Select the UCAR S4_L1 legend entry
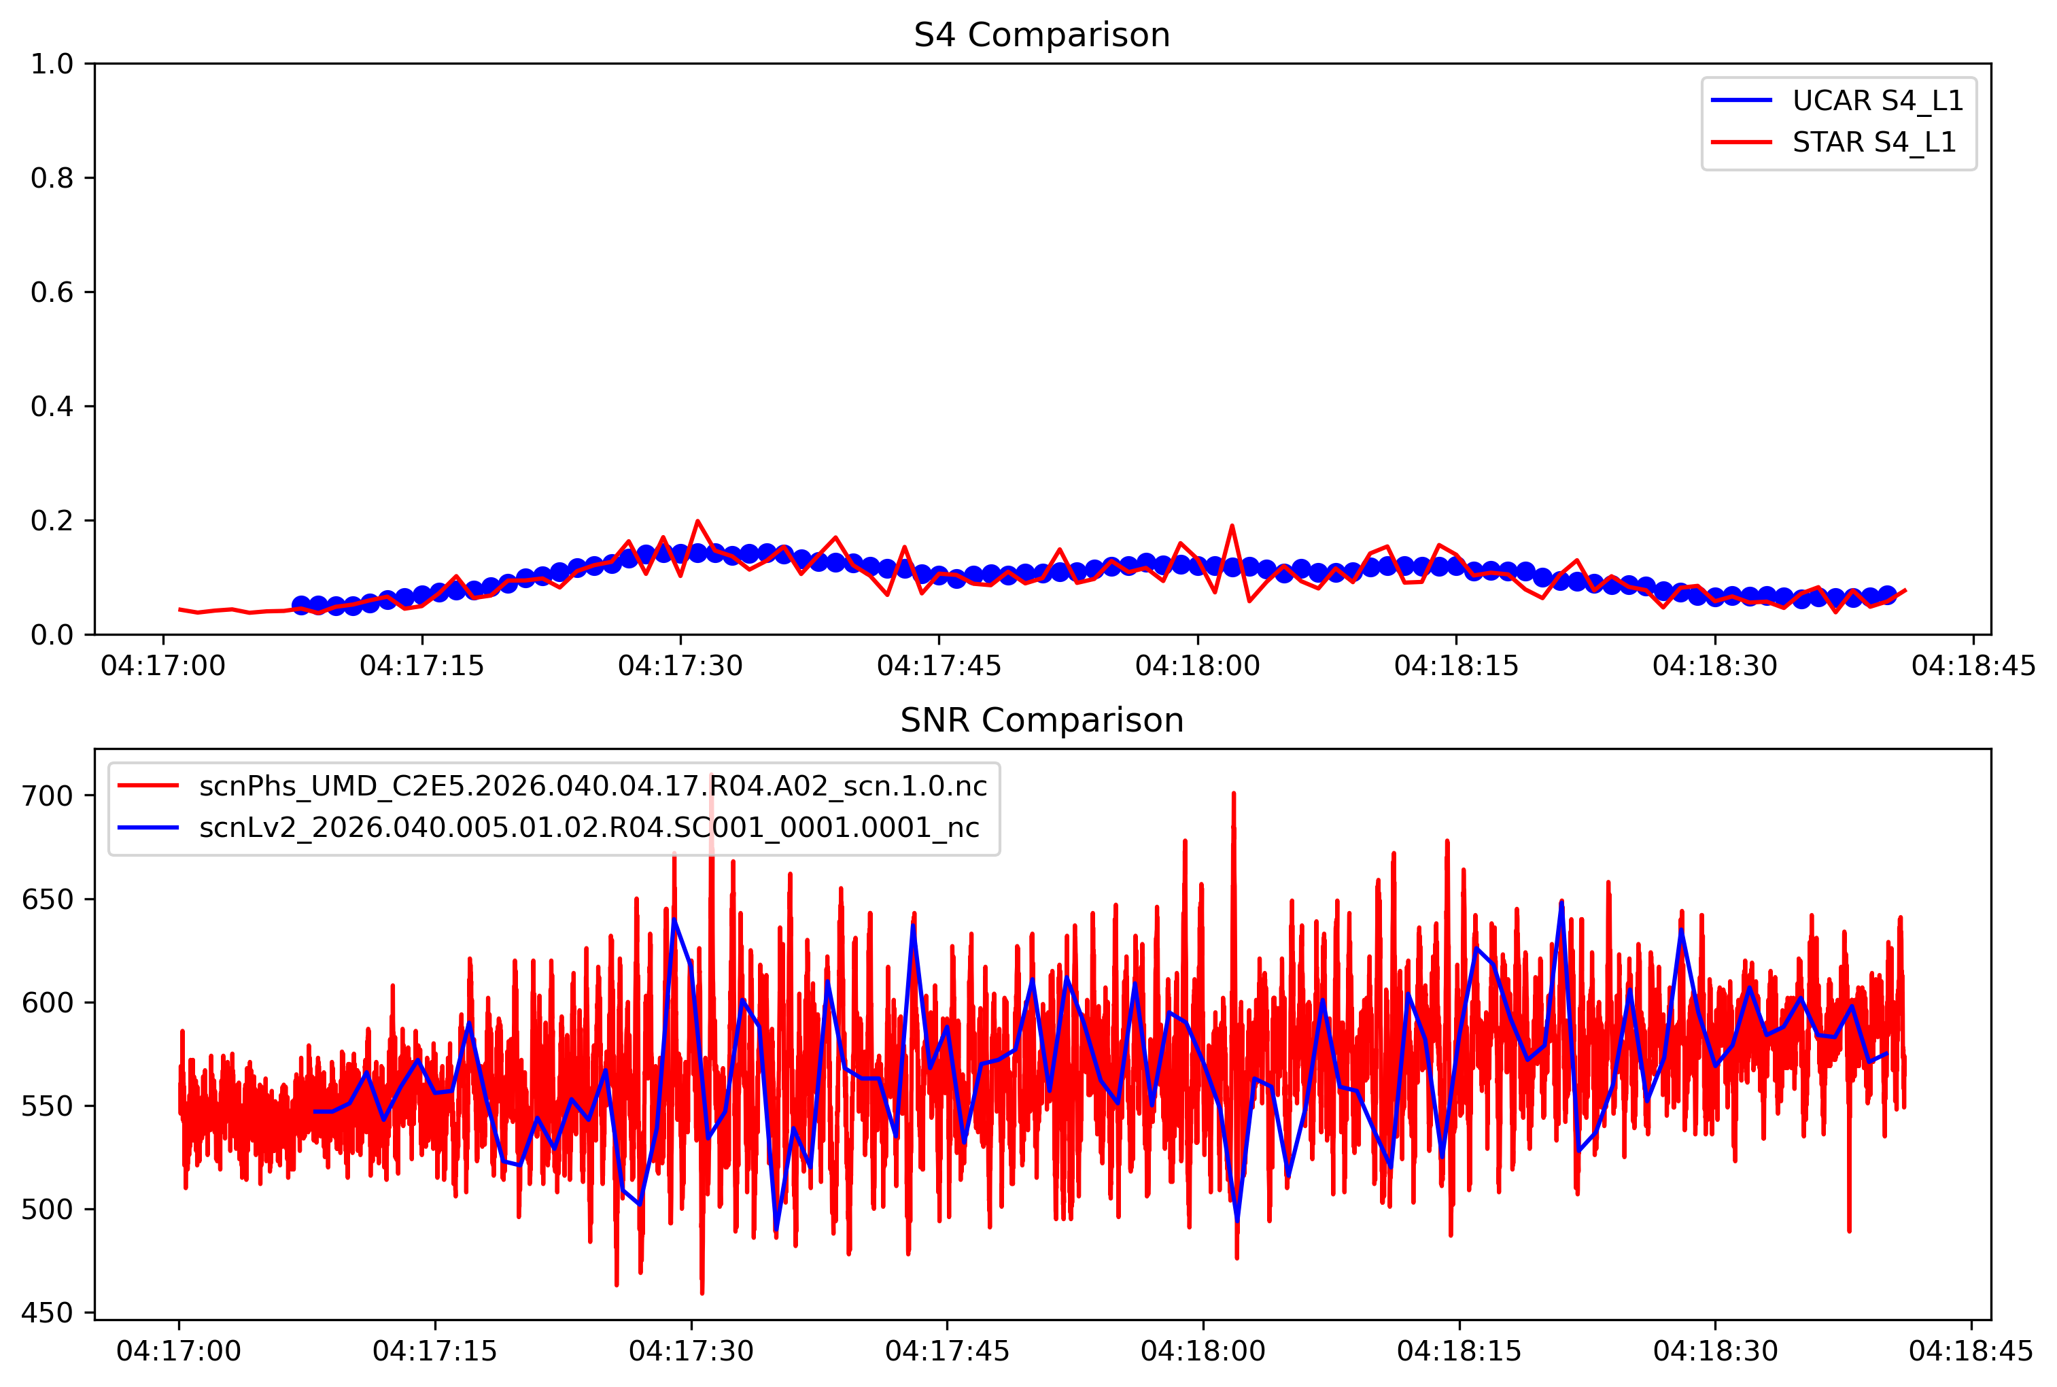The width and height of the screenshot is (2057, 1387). [x=1877, y=101]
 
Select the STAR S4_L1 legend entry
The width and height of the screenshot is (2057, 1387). [x=1873, y=142]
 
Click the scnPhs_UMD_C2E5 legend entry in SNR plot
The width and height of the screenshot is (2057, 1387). [x=593, y=785]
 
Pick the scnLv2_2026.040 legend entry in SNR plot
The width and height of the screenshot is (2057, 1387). [x=589, y=827]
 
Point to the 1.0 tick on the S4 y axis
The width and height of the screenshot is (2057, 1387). [x=52, y=65]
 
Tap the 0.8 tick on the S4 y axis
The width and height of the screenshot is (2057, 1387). [x=52, y=179]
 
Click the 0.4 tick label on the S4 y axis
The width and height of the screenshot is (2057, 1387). [x=52, y=407]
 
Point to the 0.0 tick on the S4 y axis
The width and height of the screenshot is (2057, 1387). [x=52, y=635]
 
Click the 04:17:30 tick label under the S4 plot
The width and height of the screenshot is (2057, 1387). [x=680, y=665]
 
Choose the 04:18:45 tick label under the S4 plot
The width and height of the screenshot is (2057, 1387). [x=1973, y=665]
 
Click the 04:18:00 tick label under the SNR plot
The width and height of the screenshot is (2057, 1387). [x=1203, y=1351]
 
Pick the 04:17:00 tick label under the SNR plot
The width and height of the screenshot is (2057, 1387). [x=179, y=1351]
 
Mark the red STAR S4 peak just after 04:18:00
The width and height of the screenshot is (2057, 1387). [x=1232, y=526]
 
